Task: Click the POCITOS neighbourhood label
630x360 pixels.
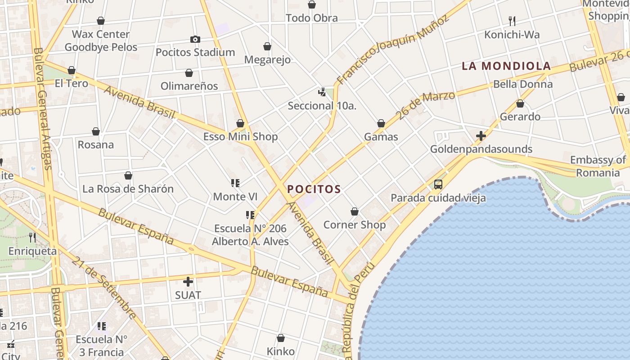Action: [x=314, y=189]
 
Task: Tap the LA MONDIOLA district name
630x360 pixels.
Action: [x=506, y=66]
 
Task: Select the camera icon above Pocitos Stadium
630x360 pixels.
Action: [x=195, y=40]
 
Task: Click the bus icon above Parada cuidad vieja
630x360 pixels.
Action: [x=438, y=184]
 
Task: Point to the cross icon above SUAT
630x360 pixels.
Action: [x=188, y=282]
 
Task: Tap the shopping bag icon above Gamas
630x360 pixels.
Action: [x=381, y=124]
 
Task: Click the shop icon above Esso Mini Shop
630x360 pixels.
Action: [x=240, y=124]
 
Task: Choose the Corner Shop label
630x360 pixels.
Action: [x=355, y=225]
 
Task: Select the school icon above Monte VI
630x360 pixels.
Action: [x=235, y=183]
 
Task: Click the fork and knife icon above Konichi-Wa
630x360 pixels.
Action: [x=512, y=21]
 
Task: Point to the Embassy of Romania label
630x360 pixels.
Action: [x=598, y=166]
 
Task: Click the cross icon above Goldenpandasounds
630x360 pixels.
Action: [x=481, y=135]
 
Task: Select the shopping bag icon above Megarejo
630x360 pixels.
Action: [x=267, y=46]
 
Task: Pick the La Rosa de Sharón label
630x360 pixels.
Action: [x=128, y=189]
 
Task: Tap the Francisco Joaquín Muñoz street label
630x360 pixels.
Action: [x=392, y=49]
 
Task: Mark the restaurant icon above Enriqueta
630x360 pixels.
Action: [x=32, y=237]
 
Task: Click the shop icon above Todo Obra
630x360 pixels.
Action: [x=312, y=5]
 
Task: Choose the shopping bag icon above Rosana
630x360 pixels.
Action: [x=96, y=132]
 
